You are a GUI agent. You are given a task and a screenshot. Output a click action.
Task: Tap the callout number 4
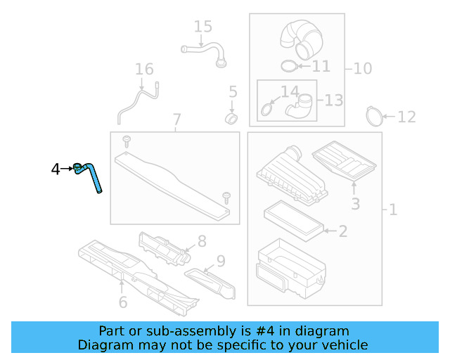[x=56, y=169]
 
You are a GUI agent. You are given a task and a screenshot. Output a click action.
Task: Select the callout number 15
[x=202, y=27]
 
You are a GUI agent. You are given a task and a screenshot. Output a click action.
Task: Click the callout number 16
[x=143, y=69]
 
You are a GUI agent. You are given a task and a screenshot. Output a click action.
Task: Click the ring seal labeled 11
[x=288, y=67]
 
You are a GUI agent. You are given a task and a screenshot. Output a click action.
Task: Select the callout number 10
[x=362, y=68]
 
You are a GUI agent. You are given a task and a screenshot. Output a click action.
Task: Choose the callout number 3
[x=355, y=204]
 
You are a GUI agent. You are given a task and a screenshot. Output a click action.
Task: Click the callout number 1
[x=392, y=210]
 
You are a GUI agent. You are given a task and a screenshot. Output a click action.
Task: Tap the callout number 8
[x=201, y=241]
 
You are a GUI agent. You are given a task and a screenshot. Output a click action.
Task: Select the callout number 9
[x=220, y=262]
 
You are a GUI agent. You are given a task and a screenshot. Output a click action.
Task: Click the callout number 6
[x=122, y=302]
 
